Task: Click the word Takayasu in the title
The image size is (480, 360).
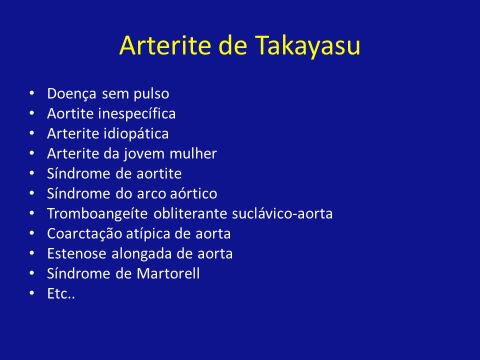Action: pos(307,46)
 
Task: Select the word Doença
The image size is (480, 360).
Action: pos(71,94)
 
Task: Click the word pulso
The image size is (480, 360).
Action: pos(151,94)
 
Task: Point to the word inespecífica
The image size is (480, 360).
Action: pos(137,114)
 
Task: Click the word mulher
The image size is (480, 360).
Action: pos(193,153)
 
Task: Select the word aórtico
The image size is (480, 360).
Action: pos(193,193)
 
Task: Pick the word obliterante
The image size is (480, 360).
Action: pos(190,213)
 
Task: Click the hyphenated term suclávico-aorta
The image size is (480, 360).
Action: pos(282,213)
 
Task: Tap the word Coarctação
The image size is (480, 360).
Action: pos(84,234)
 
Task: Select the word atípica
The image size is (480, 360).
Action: pos(148,234)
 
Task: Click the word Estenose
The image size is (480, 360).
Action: pos(77,253)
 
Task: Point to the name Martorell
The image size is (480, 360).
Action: pos(168,273)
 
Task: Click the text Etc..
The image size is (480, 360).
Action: pos(61,293)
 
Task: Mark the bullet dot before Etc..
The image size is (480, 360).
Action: pos(32,293)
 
